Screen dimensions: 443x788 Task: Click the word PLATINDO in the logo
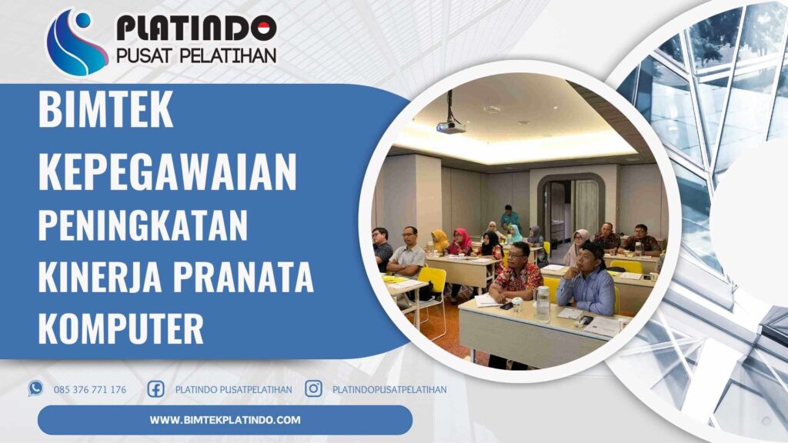click(196, 28)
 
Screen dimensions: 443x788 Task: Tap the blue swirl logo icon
click(76, 42)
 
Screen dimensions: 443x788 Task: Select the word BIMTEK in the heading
click(105, 112)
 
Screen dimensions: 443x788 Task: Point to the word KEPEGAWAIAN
click(167, 172)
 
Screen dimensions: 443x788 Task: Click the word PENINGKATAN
click(143, 227)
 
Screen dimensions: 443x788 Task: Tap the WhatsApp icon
click(35, 388)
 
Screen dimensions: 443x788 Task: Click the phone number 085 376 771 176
click(90, 389)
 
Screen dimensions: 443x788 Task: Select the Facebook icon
click(155, 388)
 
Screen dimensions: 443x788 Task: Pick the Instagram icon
click(313, 388)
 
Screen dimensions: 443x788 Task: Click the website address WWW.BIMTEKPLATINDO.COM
click(225, 420)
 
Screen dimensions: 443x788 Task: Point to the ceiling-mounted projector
click(450, 125)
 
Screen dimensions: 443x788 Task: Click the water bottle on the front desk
click(543, 304)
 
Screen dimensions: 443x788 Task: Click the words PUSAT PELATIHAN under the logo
click(195, 55)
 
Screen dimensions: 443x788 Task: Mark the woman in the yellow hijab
click(440, 241)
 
